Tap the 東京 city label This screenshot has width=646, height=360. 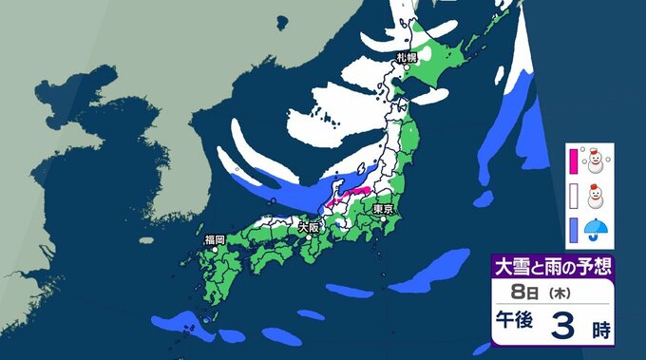coord(383,208)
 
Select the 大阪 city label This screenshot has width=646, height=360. coord(309,228)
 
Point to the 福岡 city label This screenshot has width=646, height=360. coord(214,239)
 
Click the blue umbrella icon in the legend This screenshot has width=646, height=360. coord(597,228)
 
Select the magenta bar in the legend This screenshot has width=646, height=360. coord(574,160)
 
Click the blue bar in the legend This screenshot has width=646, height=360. coord(574,228)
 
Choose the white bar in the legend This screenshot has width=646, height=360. coord(574,196)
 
